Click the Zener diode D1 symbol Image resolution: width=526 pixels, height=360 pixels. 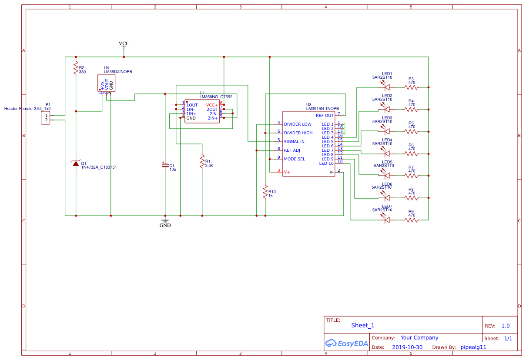(76, 163)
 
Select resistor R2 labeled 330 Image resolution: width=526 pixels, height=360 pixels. (76, 69)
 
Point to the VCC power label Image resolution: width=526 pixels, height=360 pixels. (124, 43)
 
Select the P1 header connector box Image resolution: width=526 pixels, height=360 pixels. (46, 117)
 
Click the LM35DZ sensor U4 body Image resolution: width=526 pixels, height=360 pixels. (107, 83)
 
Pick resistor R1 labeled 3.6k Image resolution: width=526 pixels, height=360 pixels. (202, 162)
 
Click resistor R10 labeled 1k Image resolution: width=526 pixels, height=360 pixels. (265, 192)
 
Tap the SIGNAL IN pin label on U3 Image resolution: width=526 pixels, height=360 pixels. (294, 142)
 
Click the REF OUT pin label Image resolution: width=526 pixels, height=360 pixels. (325, 116)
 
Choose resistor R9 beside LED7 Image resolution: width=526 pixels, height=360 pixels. (411, 220)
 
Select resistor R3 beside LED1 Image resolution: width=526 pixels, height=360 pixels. (411, 87)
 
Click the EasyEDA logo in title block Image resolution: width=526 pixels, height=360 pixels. (347, 343)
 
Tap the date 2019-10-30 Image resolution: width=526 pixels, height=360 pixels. (407, 347)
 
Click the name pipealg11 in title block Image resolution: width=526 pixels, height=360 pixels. (473, 347)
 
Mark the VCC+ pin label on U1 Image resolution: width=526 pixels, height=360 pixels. (212, 105)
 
